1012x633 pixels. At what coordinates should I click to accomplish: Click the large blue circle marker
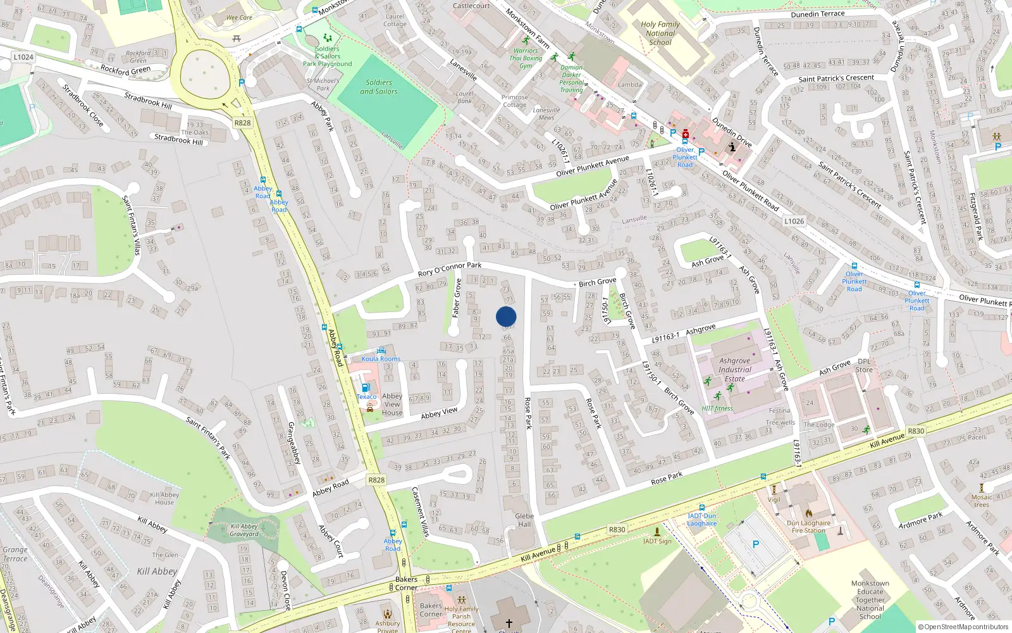click(506, 316)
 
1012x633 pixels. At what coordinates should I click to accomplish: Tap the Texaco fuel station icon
click(365, 388)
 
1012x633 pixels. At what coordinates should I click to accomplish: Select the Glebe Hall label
click(524, 520)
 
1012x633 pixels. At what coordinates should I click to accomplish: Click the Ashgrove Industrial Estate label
click(735, 370)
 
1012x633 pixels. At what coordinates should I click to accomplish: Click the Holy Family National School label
click(660, 34)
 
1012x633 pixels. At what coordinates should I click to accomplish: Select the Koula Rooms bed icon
click(381, 351)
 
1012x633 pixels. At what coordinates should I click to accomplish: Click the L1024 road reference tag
click(23, 57)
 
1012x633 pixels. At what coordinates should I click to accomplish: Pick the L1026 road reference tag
click(794, 221)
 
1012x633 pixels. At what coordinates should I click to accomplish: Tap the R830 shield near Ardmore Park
click(915, 431)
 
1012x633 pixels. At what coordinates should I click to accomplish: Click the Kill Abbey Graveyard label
click(244, 530)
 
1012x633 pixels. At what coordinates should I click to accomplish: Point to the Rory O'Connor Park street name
click(449, 270)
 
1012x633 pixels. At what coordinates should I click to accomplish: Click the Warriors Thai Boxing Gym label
click(526, 58)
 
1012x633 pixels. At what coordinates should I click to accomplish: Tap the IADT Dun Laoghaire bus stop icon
click(701, 508)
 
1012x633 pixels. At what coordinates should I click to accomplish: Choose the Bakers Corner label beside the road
click(406, 583)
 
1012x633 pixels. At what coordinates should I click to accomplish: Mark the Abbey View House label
click(392, 404)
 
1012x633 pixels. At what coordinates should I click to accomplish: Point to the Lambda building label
click(629, 84)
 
